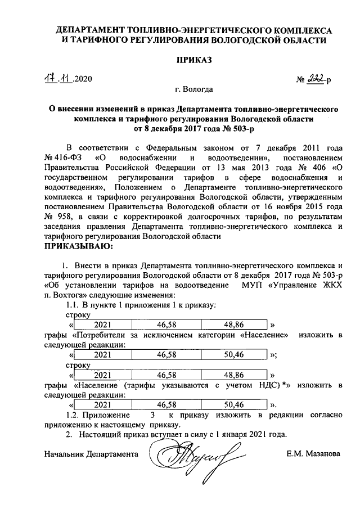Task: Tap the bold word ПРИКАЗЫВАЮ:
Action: pos(79,246)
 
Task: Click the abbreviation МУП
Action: pos(255,285)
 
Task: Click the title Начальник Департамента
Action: pos(91,453)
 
